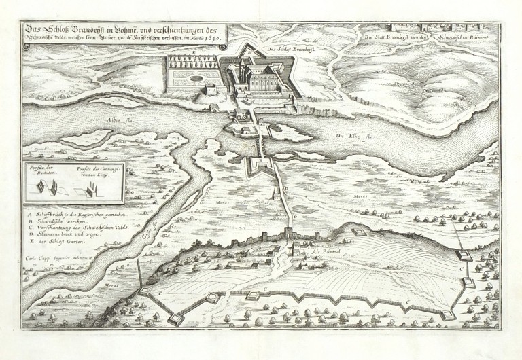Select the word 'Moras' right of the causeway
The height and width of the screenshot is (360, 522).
tap(360, 196)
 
